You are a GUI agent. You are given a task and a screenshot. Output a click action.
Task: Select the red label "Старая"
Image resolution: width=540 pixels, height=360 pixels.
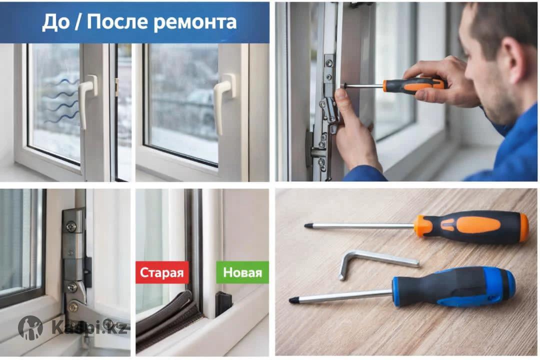162,272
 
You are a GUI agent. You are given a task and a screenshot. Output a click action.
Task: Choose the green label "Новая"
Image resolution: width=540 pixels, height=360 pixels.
242,272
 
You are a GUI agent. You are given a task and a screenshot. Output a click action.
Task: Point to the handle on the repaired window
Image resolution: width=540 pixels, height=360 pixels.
224,101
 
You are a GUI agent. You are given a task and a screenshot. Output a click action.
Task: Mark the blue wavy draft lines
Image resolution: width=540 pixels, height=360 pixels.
58,100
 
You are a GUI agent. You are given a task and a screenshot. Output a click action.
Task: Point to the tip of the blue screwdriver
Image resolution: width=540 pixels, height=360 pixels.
291,300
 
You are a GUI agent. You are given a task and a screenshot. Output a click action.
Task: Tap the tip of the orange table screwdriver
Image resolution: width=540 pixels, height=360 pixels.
306,226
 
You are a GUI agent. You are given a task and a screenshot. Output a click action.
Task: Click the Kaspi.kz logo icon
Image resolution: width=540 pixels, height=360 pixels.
30,327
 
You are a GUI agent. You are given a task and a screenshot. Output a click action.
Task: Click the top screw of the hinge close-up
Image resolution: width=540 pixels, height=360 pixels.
71,226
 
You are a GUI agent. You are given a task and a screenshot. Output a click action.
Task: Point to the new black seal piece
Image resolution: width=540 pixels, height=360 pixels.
223,303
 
